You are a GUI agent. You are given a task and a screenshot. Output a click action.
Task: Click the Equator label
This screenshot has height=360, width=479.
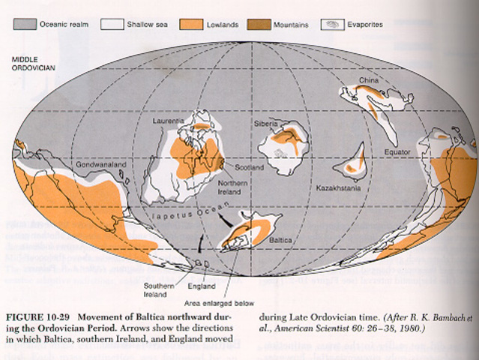tap(398, 152)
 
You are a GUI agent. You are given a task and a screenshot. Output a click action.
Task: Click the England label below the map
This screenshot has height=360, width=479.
tap(202, 286)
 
